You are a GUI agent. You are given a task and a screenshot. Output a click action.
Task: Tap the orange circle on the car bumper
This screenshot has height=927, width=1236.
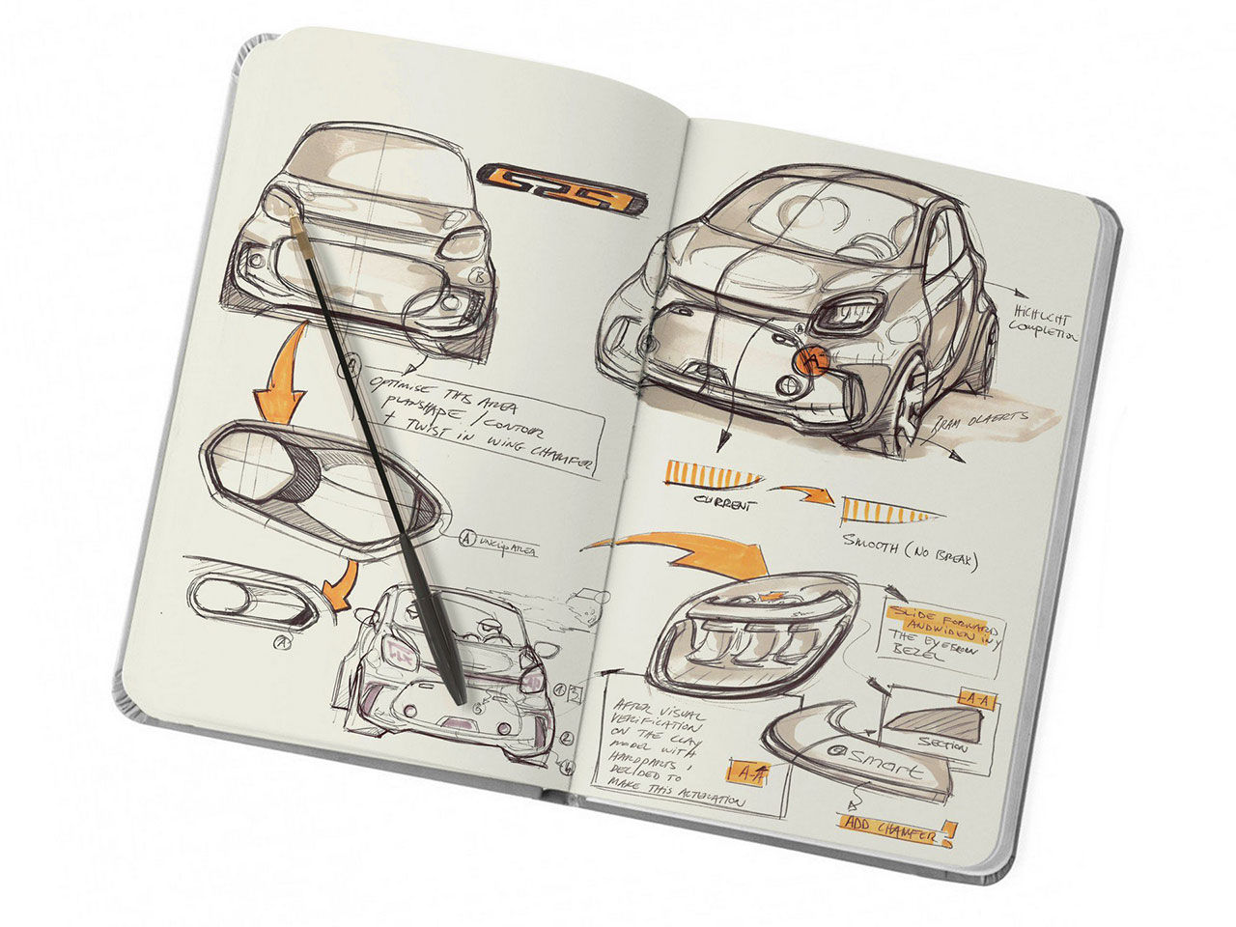(812, 361)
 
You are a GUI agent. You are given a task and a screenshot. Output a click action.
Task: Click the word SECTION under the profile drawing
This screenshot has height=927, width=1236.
(942, 744)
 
